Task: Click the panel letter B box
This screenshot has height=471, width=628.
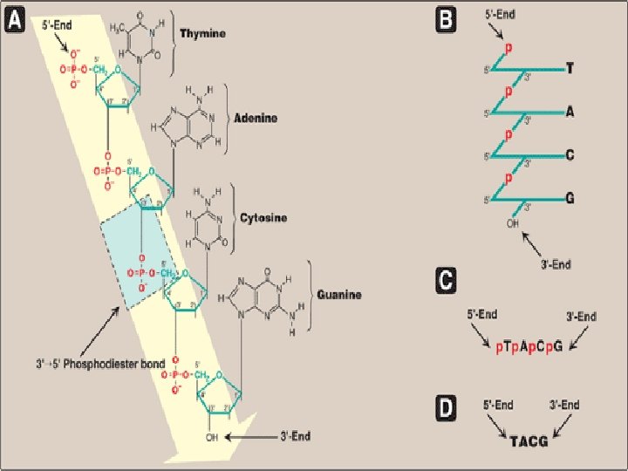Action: tap(445, 20)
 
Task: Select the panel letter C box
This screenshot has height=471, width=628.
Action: tap(445, 281)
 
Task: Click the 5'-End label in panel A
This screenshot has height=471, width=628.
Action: tap(58, 26)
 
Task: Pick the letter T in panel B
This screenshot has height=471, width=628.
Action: tap(570, 67)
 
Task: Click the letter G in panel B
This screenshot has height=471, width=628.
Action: tap(570, 198)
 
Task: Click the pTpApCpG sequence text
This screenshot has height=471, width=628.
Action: tap(529, 346)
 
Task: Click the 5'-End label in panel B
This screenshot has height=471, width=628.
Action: tap(502, 15)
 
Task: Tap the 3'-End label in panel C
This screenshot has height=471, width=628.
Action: tap(581, 316)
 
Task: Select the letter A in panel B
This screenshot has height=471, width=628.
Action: tap(570, 111)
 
